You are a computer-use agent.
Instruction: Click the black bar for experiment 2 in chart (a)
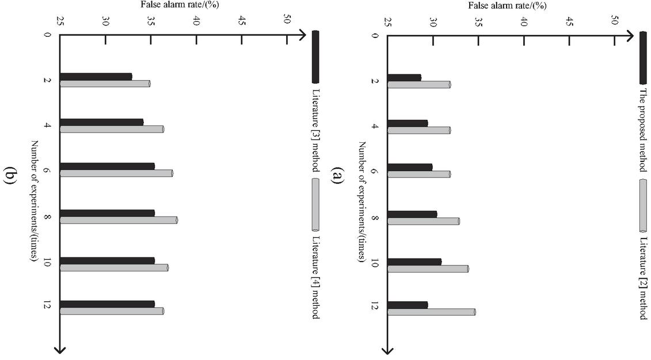403,77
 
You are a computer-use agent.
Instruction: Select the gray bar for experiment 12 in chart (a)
431,312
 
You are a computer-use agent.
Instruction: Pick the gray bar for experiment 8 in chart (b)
119,220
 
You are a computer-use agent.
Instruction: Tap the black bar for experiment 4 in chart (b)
101,122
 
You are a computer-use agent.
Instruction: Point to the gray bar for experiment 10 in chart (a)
428,268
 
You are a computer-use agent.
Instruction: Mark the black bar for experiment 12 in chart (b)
107,304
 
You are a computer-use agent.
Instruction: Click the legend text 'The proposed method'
644,130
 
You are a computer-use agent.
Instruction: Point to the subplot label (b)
10,175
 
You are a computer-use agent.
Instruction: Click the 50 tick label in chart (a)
614,22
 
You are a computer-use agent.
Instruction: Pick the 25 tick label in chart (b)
60,22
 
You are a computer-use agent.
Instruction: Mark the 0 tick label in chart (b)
47,35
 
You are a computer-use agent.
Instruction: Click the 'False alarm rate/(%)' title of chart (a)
507,6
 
